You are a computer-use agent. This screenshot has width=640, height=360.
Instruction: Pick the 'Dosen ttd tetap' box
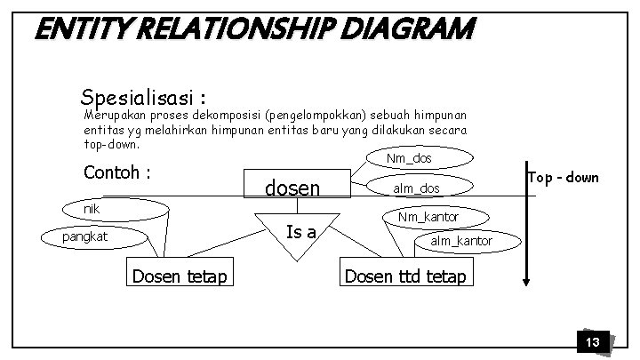coord(405,276)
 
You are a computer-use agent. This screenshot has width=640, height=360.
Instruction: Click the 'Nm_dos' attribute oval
coord(409,159)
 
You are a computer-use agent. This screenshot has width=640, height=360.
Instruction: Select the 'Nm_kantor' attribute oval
coord(428,215)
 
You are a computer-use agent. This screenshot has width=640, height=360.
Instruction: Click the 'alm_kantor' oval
coord(460,241)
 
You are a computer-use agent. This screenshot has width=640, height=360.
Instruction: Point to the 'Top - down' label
coord(563,178)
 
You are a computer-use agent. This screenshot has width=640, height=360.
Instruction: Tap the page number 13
coord(592,342)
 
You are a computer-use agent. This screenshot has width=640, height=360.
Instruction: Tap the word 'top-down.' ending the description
coord(111,143)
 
